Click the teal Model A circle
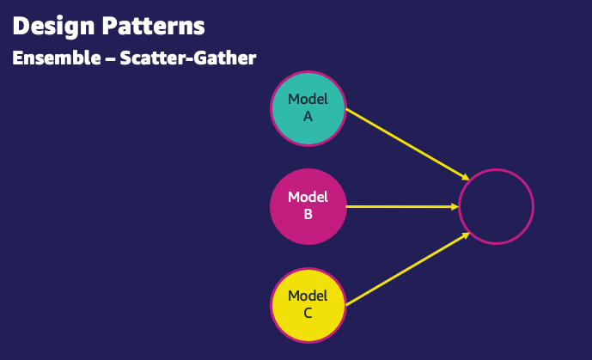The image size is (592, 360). pos(308,108)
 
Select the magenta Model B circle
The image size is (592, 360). pos(308,206)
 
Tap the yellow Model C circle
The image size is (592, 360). pos(308,305)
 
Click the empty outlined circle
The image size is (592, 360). pos(496,206)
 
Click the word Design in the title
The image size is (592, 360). pos(51,26)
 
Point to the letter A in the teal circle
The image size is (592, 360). pos(308,117)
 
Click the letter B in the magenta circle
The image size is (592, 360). pos(308,215)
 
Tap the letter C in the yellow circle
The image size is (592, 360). pos(308,314)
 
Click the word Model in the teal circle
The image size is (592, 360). pos(308,100)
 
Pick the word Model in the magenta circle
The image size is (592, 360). pos(308,198)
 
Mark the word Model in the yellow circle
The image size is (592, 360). pos(308,296)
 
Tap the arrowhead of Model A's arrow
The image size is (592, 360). pos(465,176)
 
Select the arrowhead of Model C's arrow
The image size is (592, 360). pos(465,235)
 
